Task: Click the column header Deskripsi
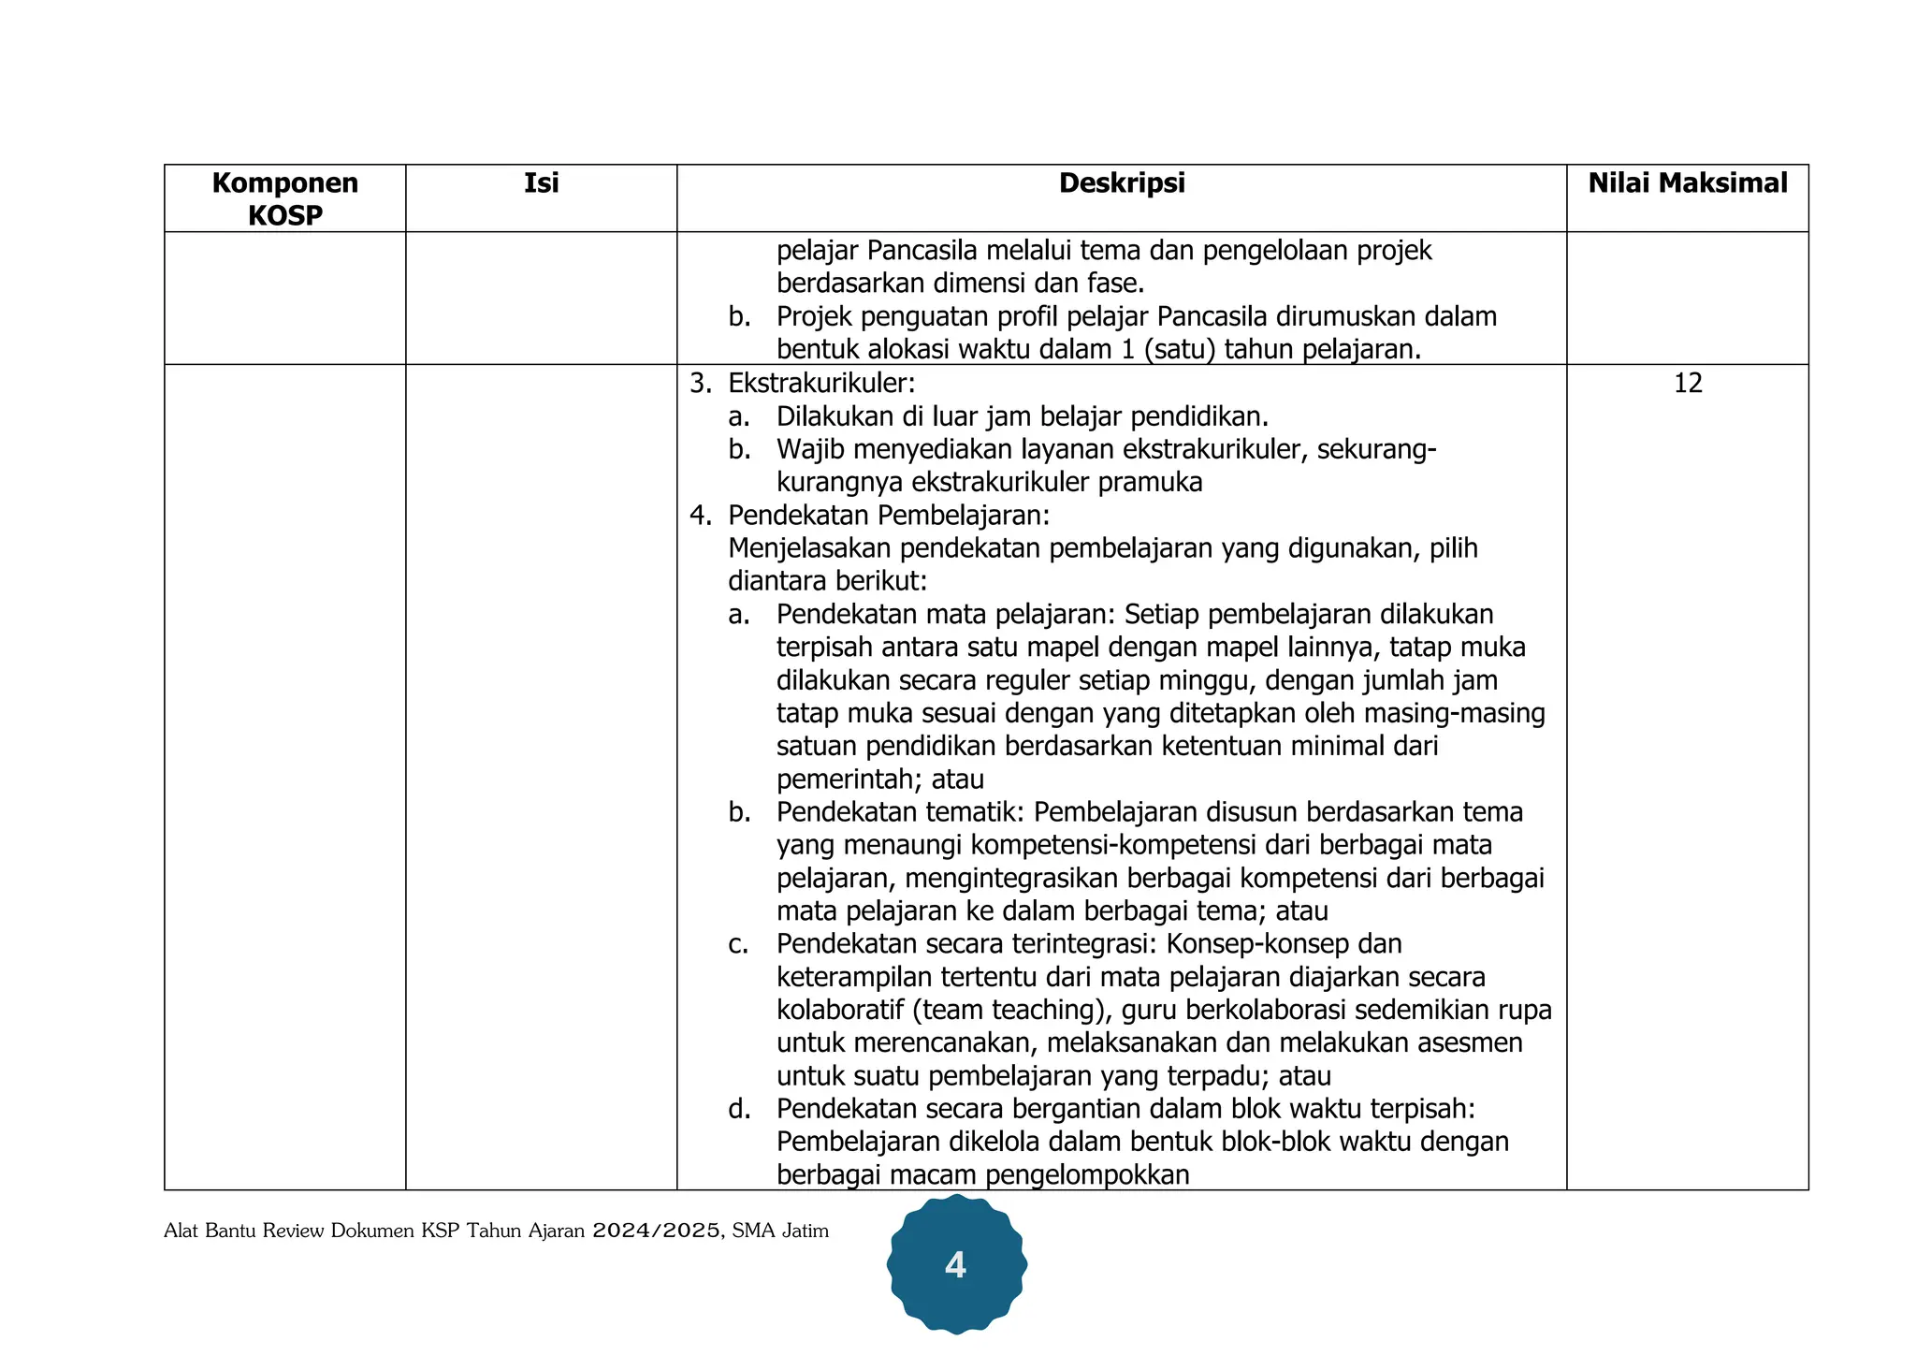[x=1121, y=182]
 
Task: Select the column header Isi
[x=541, y=182]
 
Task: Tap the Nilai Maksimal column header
[x=1687, y=182]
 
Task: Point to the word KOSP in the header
[x=284, y=215]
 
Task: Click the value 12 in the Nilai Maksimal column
[x=1687, y=383]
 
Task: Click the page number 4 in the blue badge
[x=955, y=1264]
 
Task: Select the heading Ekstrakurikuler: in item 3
[x=821, y=383]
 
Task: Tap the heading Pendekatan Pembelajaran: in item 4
[x=889, y=515]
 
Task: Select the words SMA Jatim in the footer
[x=780, y=1231]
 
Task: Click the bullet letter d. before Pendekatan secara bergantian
[x=739, y=1109]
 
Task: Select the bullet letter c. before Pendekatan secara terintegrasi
[x=738, y=944]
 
